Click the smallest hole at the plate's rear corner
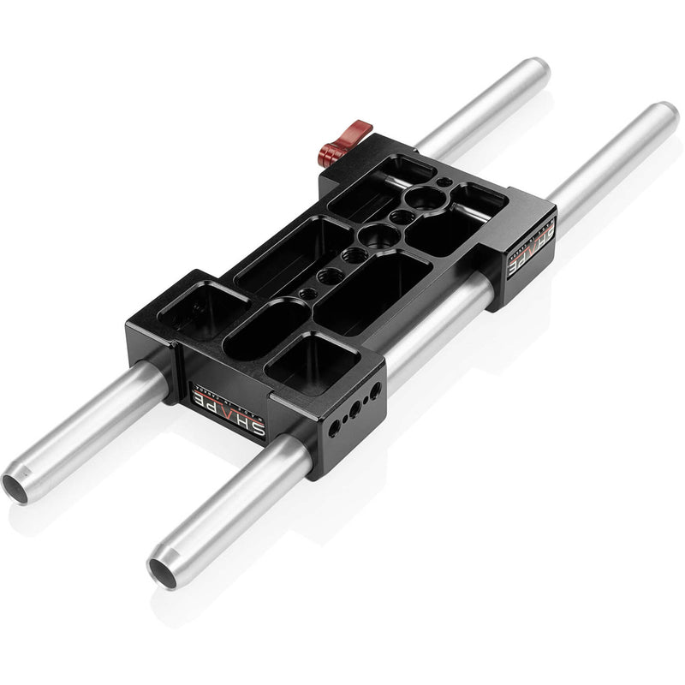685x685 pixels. point(443,182)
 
